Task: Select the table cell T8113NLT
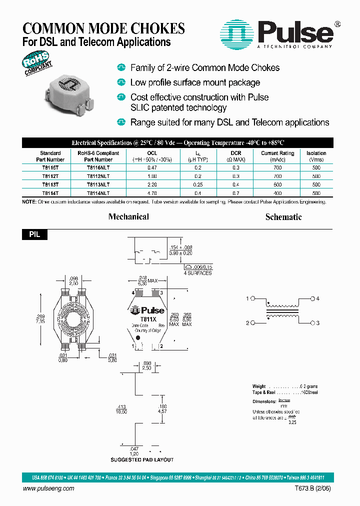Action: tap(98, 184)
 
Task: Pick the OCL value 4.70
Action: tap(152, 192)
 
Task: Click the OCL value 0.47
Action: tap(152, 168)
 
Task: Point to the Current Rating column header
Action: tap(277, 153)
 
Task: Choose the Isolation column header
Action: tap(316, 153)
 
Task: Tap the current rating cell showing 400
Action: tap(277, 192)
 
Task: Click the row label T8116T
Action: tap(50, 168)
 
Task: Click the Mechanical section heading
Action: tap(128, 216)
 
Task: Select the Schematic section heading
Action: tap(283, 217)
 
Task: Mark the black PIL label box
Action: tap(35, 234)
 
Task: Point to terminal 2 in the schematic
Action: tap(251, 323)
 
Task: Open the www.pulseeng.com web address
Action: tap(48, 488)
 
